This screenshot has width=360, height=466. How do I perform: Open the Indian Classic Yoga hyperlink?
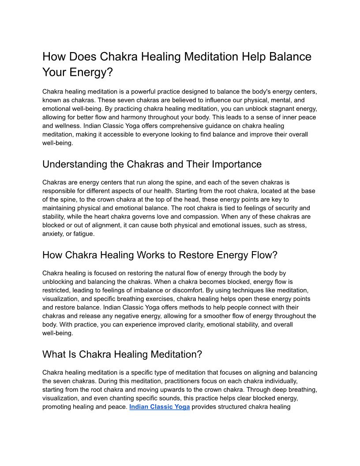(159, 407)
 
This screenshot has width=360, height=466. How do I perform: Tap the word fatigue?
(83, 233)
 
